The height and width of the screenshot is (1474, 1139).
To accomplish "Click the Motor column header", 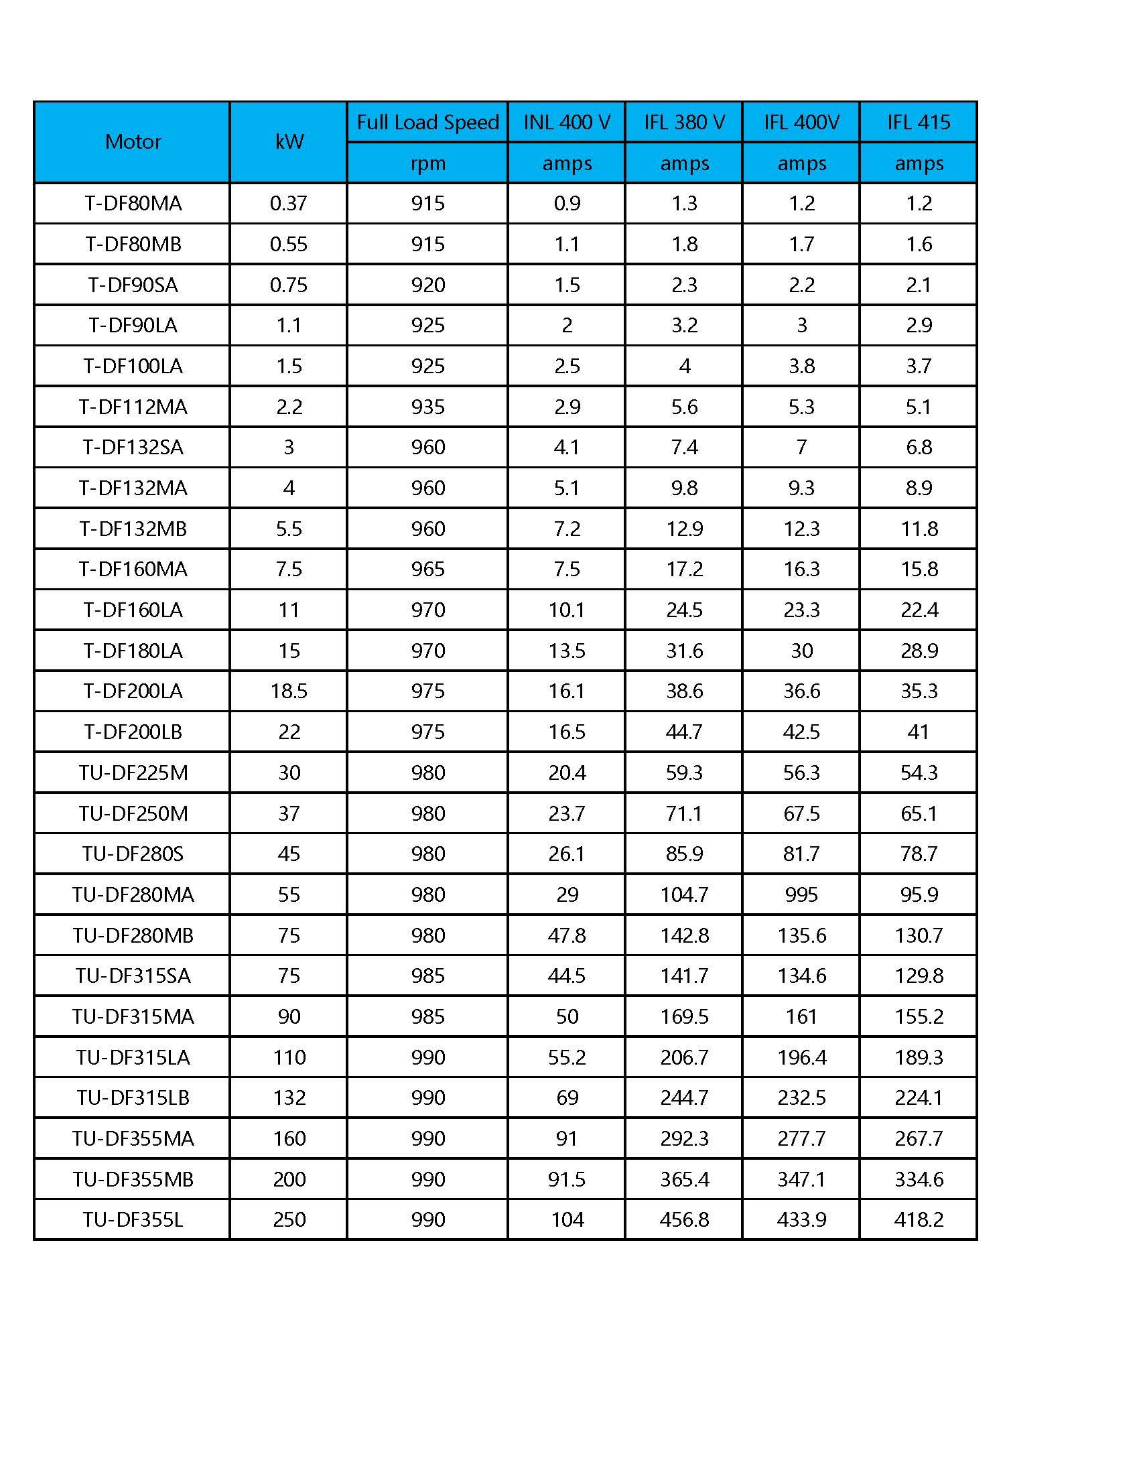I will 133,142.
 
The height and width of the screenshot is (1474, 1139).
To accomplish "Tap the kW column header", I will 289,142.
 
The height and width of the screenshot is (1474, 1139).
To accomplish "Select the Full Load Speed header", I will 427,122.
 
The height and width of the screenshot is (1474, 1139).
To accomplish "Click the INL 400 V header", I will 567,122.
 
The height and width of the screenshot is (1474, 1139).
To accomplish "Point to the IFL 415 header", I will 919,122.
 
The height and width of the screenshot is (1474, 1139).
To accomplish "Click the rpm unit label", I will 427,163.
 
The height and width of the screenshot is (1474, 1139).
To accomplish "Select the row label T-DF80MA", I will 133,203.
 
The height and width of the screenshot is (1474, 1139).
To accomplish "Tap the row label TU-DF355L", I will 133,1219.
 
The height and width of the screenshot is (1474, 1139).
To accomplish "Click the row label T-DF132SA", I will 133,447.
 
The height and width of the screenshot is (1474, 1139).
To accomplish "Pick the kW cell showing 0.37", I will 289,203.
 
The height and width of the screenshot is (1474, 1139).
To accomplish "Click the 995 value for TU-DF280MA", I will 801,894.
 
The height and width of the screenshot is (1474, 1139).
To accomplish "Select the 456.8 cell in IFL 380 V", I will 684,1219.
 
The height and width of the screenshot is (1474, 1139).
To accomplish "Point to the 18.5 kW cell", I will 289,691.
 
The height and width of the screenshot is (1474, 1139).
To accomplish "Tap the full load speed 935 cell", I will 428,407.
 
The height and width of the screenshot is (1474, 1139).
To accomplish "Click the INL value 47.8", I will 567,935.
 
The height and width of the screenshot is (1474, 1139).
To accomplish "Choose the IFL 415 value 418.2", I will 919,1219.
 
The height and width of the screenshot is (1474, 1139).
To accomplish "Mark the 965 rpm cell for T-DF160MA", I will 428,569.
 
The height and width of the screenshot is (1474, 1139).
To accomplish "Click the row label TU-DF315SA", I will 133,976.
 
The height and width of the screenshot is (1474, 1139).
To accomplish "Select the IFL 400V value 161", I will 801,1016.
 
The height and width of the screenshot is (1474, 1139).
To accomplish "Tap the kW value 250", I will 289,1219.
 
